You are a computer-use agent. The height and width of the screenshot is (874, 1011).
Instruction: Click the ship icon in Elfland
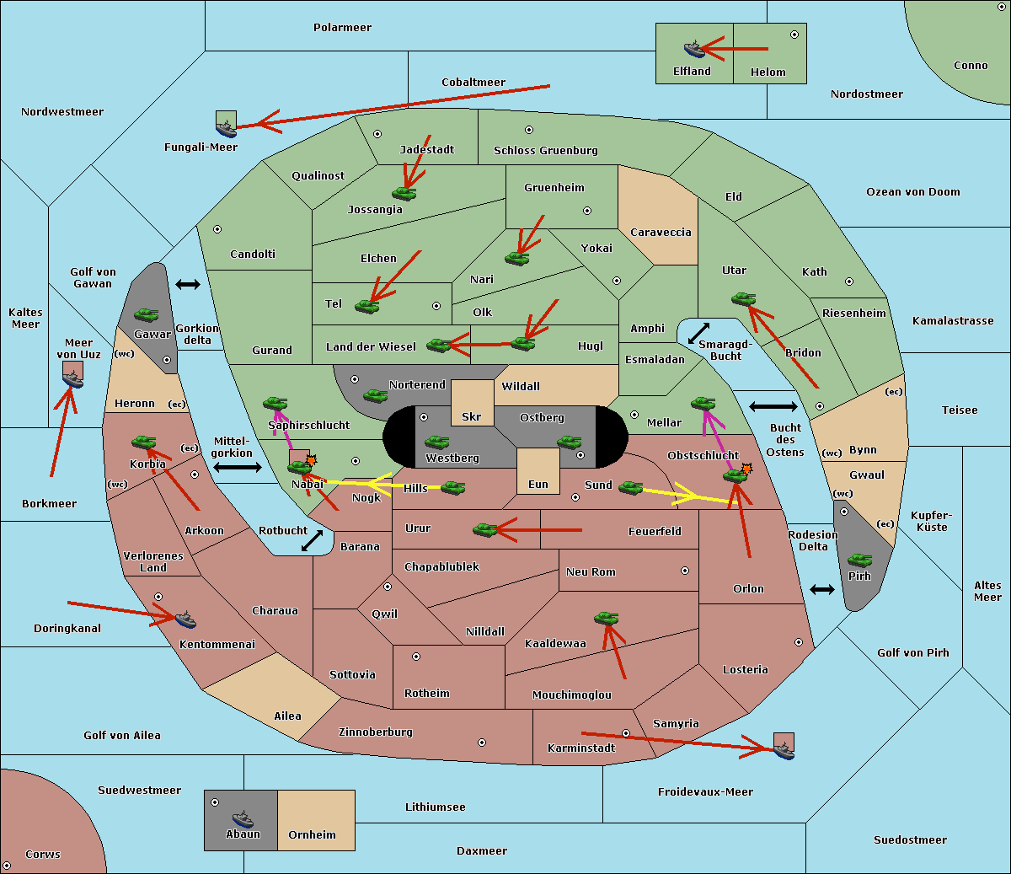pyautogui.click(x=694, y=49)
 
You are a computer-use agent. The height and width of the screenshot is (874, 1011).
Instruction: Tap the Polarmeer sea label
pyautogui.click(x=342, y=28)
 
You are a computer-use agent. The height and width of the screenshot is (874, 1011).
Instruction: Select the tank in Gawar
pyautogui.click(x=146, y=314)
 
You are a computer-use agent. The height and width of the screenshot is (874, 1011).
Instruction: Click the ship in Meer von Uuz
pyautogui.click(x=73, y=379)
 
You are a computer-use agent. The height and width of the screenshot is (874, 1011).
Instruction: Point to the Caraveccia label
pyautogui.click(x=661, y=232)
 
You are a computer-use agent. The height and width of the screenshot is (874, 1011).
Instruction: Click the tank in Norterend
pyautogui.click(x=375, y=395)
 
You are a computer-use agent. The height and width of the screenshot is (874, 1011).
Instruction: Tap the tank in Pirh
pyautogui.click(x=859, y=560)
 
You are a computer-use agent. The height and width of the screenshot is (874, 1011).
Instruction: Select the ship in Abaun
pyautogui.click(x=243, y=818)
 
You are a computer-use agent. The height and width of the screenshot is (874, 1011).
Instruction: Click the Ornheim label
pyautogui.click(x=312, y=834)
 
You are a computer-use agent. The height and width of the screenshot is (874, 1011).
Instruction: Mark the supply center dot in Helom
pyautogui.click(x=794, y=35)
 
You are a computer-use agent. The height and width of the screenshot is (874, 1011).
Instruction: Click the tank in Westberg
pyautogui.click(x=436, y=442)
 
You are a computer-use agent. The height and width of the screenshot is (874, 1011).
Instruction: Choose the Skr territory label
pyautogui.click(x=472, y=416)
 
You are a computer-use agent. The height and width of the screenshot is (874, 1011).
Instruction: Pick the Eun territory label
pyautogui.click(x=538, y=484)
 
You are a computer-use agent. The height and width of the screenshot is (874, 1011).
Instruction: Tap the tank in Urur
pyautogui.click(x=484, y=530)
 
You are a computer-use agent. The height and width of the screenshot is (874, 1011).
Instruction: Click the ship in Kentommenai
pyautogui.click(x=185, y=619)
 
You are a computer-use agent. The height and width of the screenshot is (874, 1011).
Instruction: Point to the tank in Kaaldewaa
pyautogui.click(x=606, y=619)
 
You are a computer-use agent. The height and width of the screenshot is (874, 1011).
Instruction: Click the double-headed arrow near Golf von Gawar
pyautogui.click(x=188, y=284)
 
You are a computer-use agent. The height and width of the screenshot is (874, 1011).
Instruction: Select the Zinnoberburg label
pyautogui.click(x=376, y=732)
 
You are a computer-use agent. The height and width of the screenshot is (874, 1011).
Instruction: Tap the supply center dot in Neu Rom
pyautogui.click(x=685, y=571)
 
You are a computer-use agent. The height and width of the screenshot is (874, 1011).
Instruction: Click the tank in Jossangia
pyautogui.click(x=404, y=193)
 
